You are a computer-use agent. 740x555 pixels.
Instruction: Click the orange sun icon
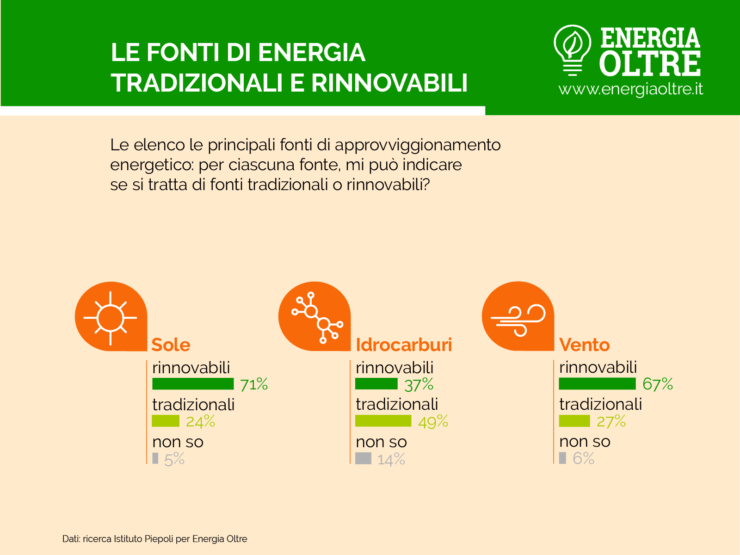click(x=111, y=316)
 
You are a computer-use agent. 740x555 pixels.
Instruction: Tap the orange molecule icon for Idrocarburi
click(x=314, y=316)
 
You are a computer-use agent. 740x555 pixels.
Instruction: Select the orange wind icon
click(x=518, y=316)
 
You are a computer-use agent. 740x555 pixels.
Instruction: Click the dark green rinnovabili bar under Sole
click(x=193, y=384)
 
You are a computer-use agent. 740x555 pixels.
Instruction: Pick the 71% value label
click(x=254, y=384)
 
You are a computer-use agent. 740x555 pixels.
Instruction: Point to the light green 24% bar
click(x=166, y=421)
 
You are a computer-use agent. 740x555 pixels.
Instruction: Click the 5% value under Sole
click(x=174, y=459)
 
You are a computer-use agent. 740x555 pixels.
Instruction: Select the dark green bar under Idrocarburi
click(x=376, y=384)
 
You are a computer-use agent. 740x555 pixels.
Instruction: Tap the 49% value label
click(x=433, y=422)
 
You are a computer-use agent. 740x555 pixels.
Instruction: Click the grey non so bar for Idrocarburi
click(x=363, y=458)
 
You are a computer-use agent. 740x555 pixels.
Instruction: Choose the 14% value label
click(x=391, y=459)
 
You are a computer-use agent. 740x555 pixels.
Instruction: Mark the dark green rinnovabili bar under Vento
click(x=597, y=384)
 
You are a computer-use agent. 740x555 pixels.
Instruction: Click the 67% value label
click(x=657, y=384)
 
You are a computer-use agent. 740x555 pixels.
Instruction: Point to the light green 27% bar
click(x=574, y=421)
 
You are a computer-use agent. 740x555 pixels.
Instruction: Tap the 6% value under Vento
click(x=583, y=459)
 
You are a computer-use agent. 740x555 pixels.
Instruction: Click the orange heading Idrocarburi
click(x=404, y=345)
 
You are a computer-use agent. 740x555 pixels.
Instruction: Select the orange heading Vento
click(x=584, y=345)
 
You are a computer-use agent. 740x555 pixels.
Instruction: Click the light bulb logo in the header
click(x=572, y=49)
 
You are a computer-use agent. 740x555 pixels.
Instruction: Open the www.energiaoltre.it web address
click(x=631, y=89)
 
